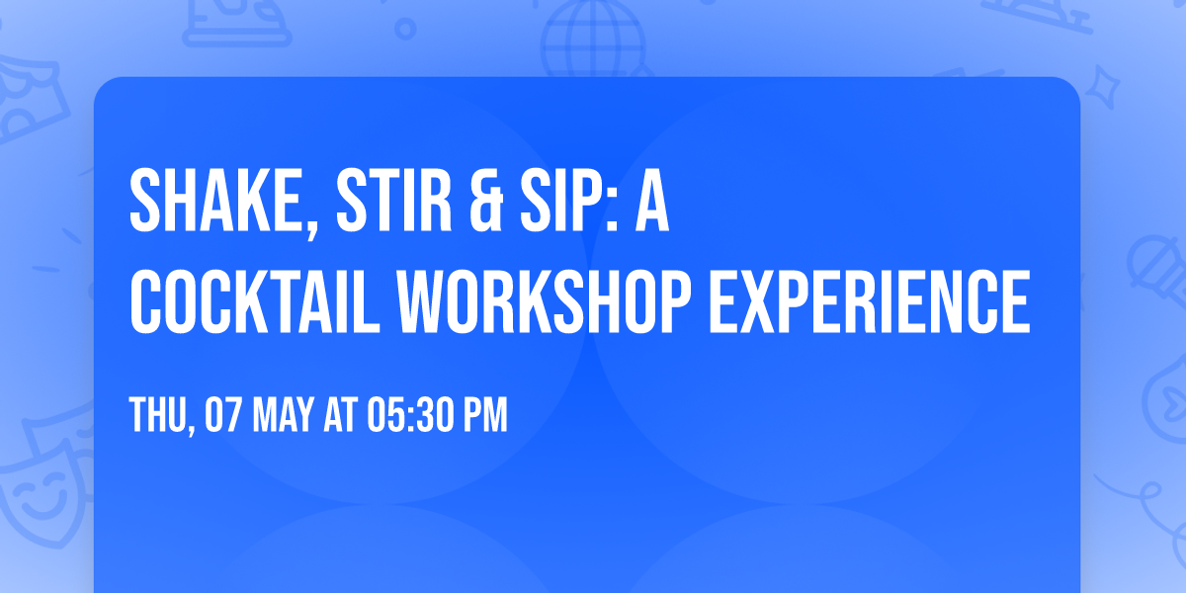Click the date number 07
221,416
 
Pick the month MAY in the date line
283,416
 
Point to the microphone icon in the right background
1152,262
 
